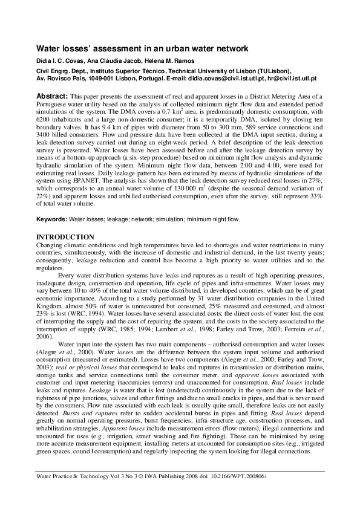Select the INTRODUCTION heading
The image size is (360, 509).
pyautogui.click(x=65, y=236)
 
